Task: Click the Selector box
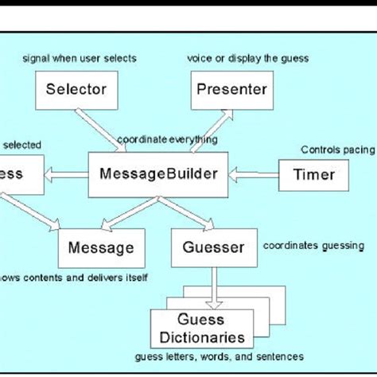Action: click(x=76, y=89)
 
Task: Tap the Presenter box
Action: click(x=231, y=89)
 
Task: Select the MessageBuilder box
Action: click(x=158, y=173)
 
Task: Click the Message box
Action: click(x=100, y=247)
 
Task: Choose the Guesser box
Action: click(x=213, y=247)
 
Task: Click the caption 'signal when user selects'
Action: click(x=80, y=57)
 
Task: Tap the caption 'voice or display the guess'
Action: click(x=247, y=57)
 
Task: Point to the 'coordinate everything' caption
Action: click(x=167, y=140)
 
